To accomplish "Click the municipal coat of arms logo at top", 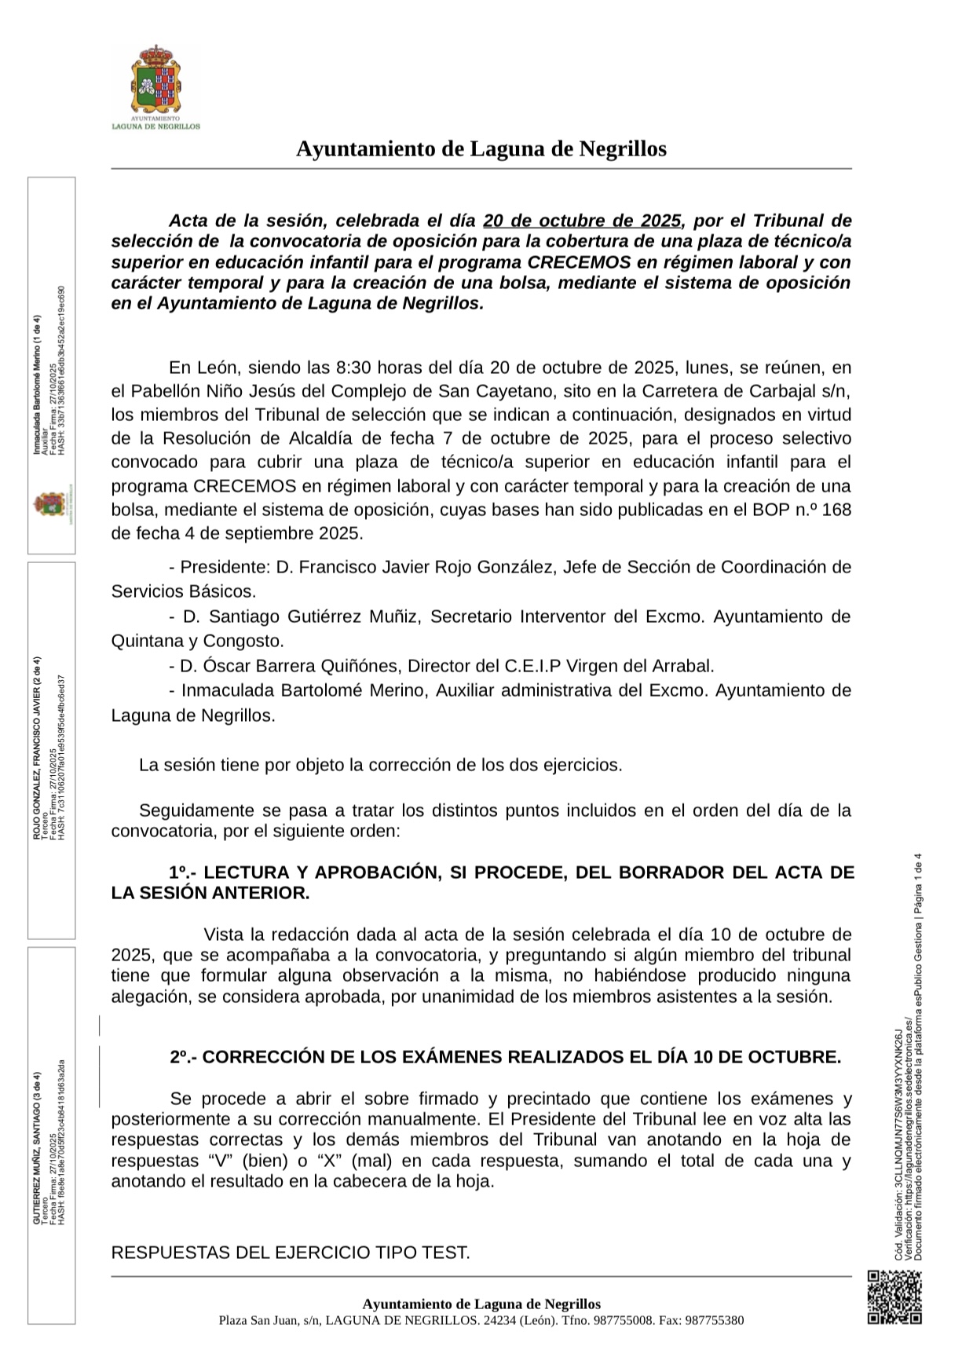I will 155,84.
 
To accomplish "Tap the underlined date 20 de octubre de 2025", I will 582,221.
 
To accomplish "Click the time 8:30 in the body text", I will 352,368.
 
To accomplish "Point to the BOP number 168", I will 836,510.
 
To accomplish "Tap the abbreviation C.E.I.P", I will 531,666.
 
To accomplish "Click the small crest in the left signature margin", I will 49,504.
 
